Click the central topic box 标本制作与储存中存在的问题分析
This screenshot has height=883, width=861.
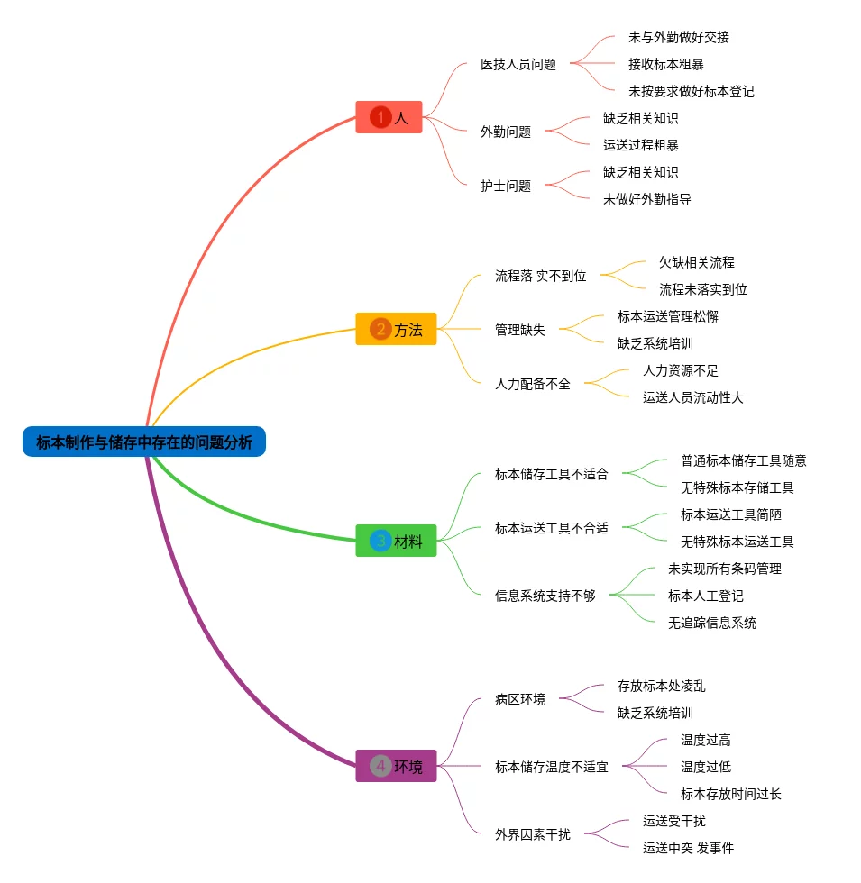point(144,441)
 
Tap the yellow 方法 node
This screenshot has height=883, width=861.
point(396,330)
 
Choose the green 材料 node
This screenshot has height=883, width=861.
point(396,542)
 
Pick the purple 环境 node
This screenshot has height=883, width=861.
point(396,767)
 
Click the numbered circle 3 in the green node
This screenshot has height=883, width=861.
point(380,542)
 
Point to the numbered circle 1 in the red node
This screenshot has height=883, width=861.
point(380,117)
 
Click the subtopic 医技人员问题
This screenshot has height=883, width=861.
point(518,64)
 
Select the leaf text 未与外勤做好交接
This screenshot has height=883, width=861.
point(678,37)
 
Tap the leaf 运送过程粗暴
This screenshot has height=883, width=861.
point(640,145)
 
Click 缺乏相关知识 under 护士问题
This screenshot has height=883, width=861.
point(640,172)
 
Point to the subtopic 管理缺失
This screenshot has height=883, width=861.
point(520,330)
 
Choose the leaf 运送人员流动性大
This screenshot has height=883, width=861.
point(692,397)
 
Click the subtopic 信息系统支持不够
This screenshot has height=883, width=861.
point(545,596)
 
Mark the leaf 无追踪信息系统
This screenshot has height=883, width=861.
point(711,623)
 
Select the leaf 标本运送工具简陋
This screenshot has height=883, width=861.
point(730,514)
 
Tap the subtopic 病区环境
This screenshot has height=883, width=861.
point(520,699)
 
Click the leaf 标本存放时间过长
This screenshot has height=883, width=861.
point(730,794)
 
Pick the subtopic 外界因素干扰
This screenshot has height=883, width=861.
point(532,834)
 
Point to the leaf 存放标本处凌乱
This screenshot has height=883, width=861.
point(661,686)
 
